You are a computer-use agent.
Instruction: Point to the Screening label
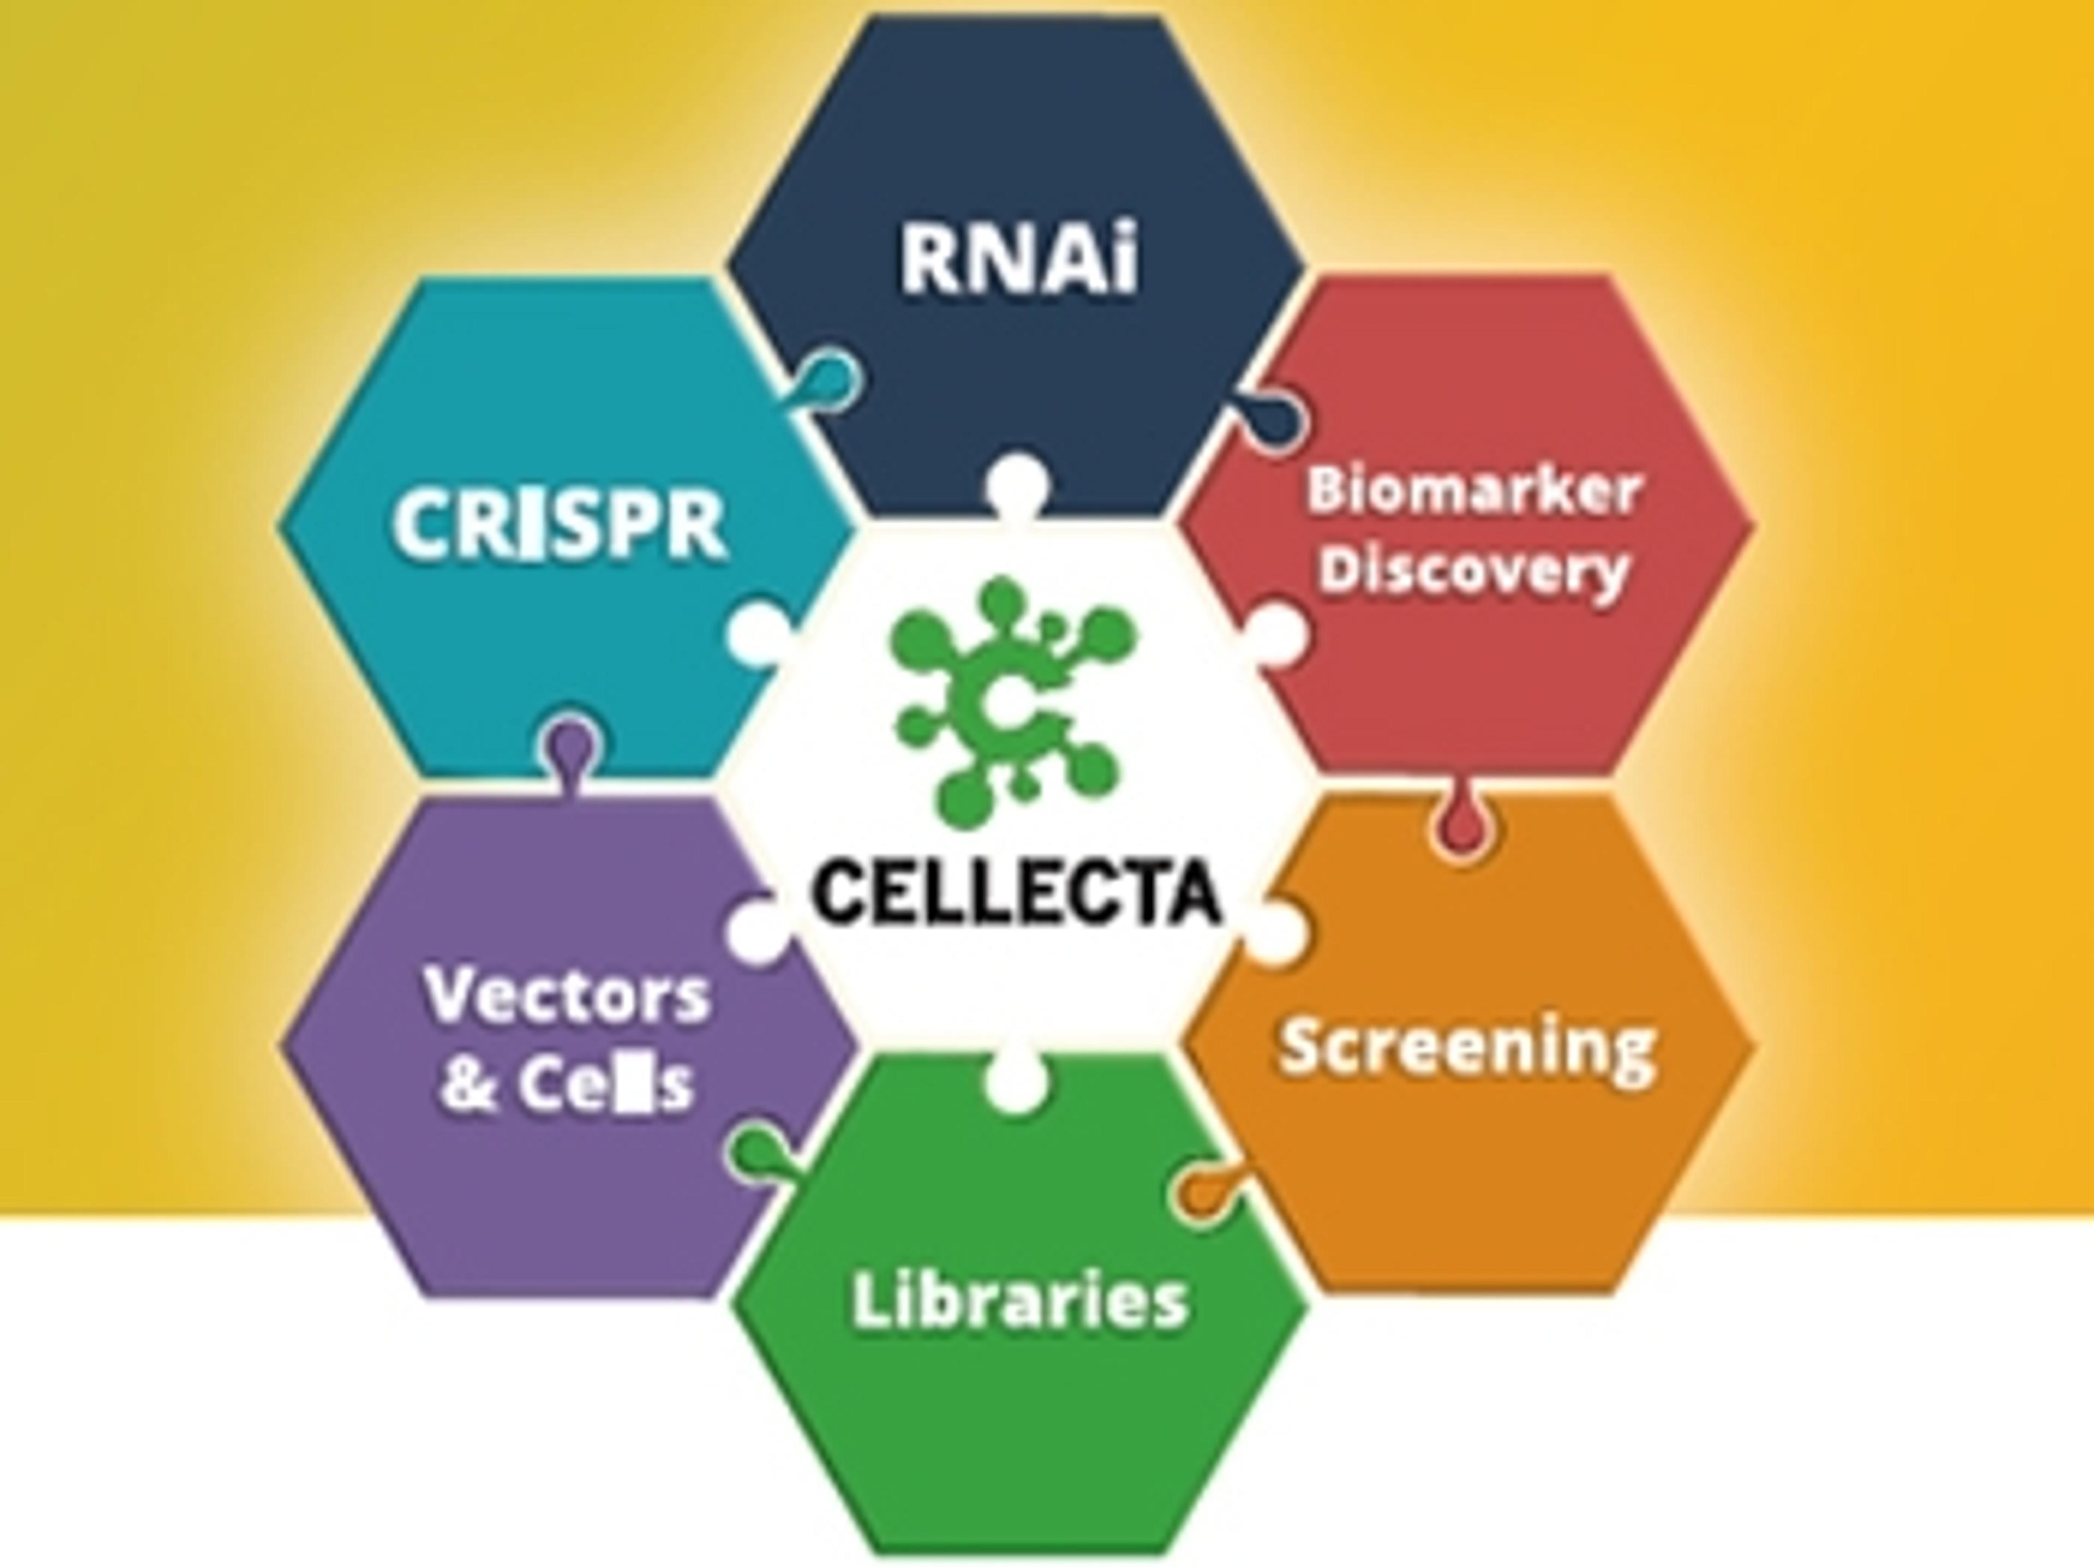click(1467, 1048)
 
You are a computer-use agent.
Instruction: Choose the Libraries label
click(1020, 1300)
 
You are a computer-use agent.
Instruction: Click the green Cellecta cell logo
click(1011, 698)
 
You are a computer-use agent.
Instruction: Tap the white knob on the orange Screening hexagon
click(1276, 931)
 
